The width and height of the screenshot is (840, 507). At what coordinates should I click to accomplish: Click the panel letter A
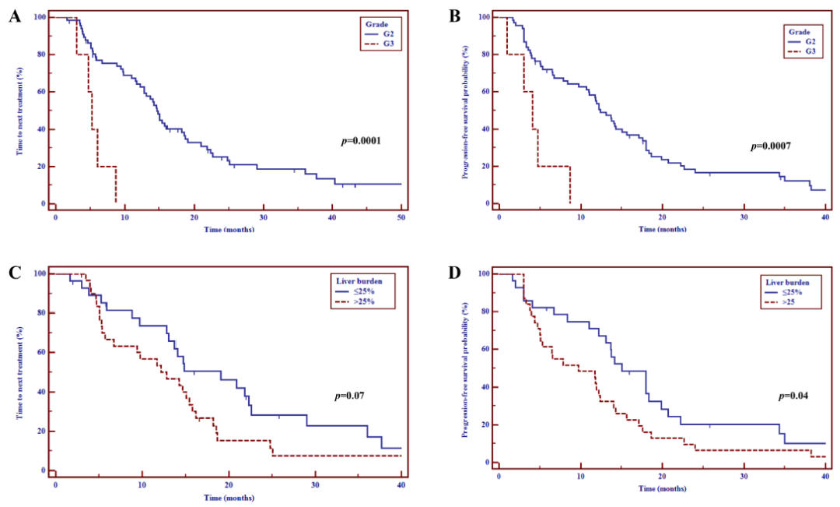pos(14,16)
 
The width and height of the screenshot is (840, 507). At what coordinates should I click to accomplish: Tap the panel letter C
pos(14,273)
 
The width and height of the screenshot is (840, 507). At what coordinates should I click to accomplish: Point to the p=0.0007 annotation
pos(772,146)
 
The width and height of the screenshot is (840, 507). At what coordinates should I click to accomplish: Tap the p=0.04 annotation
pos(795,396)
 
